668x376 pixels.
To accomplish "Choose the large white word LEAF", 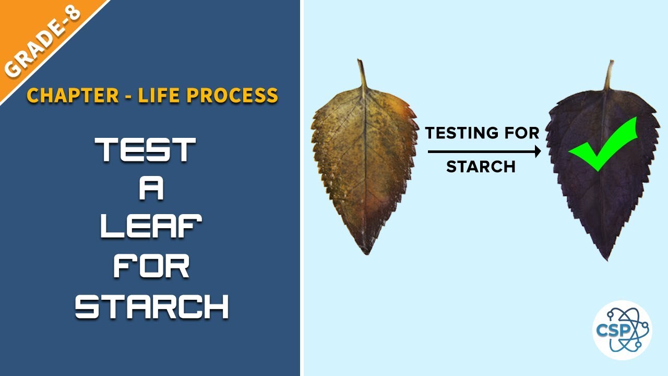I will (x=151, y=228).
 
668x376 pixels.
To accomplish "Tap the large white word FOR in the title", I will (x=151, y=267).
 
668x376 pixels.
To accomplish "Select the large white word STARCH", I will (x=152, y=307).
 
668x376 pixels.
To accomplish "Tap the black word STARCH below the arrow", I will (x=481, y=167).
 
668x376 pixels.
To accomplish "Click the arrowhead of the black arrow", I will (x=538, y=151).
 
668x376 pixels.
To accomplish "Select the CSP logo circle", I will (x=622, y=330).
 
